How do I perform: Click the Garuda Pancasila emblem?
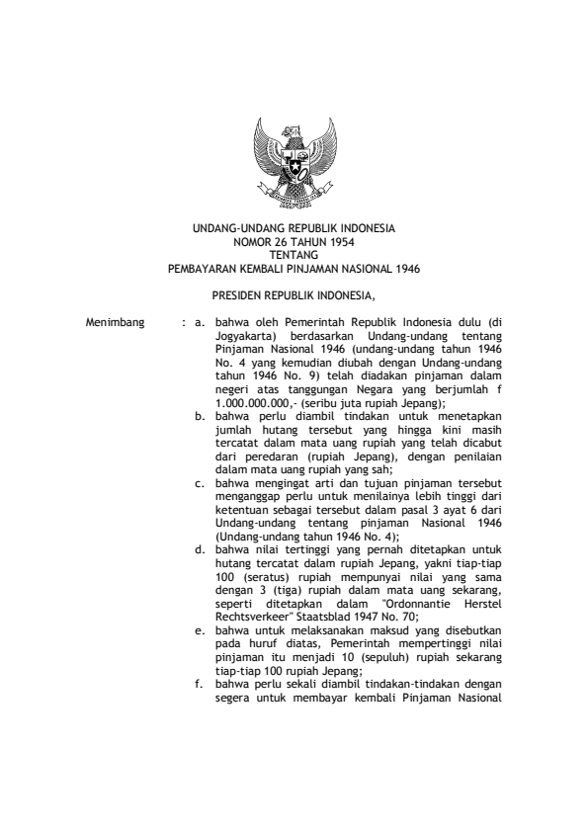click(294, 163)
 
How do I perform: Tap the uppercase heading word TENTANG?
click(294, 253)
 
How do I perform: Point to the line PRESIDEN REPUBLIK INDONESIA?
click(294, 294)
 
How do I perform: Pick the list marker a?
click(201, 322)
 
